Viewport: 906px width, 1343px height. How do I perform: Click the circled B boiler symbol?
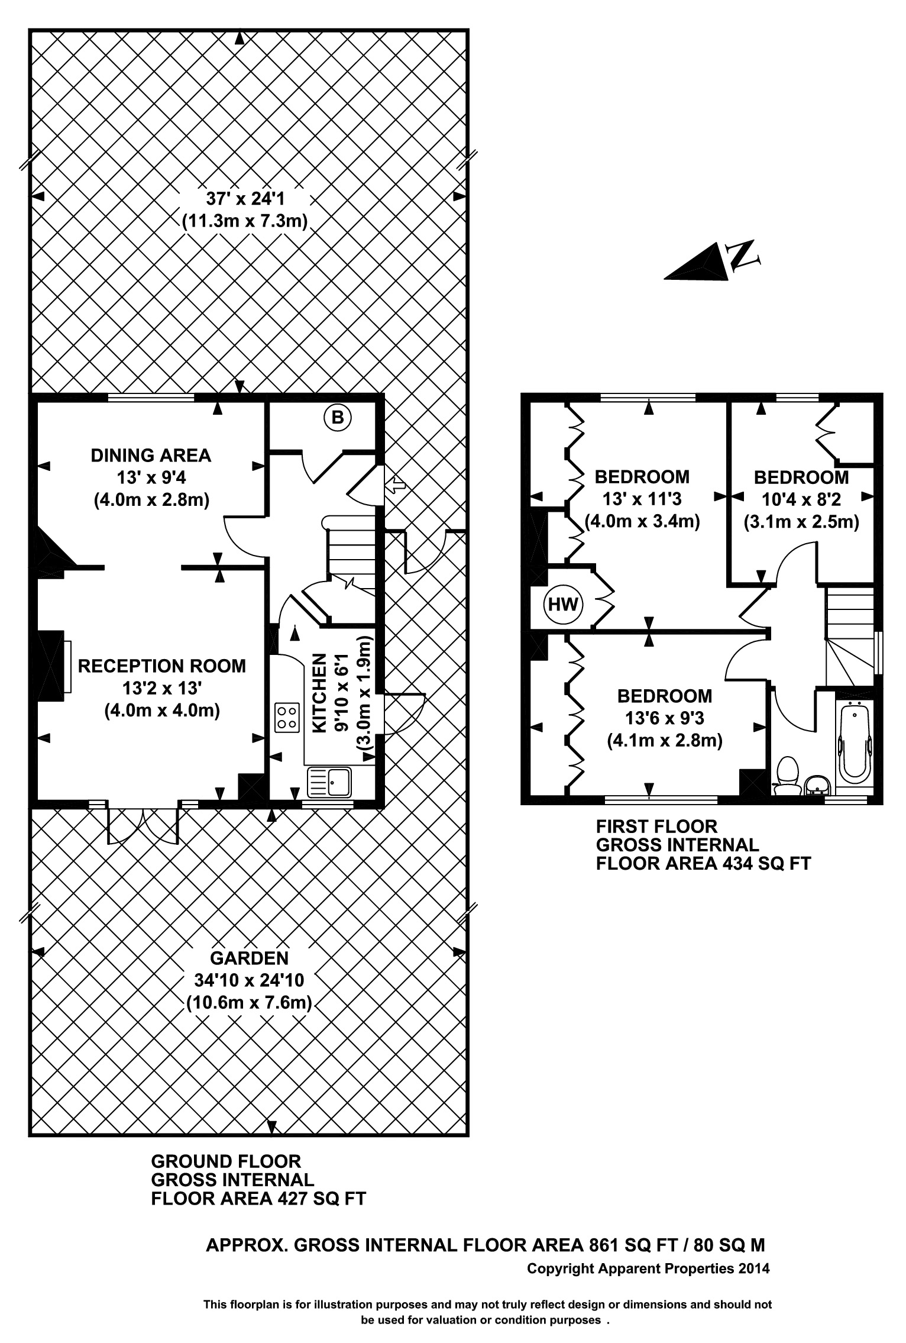pyautogui.click(x=337, y=418)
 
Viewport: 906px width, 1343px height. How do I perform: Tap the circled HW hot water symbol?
pyautogui.click(x=563, y=604)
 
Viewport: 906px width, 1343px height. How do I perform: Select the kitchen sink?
pyautogui.click(x=330, y=782)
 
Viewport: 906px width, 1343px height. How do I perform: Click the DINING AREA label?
pyautogui.click(x=151, y=455)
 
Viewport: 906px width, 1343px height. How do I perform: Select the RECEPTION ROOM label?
pyautogui.click(x=162, y=666)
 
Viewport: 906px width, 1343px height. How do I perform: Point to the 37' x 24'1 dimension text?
pyautogui.click(x=245, y=198)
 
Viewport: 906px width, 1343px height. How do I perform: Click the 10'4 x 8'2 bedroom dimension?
pyautogui.click(x=801, y=500)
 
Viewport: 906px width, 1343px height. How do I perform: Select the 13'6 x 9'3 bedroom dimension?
pyautogui.click(x=665, y=718)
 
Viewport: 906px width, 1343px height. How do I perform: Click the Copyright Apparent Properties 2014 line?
pyautogui.click(x=648, y=1268)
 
